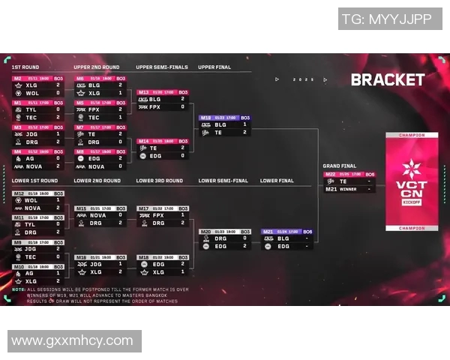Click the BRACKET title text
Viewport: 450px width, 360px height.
pos(387,79)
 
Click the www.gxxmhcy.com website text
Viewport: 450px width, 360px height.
pos(72,340)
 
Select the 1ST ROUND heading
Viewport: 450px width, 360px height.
pos(26,67)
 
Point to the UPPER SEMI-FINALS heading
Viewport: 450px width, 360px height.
pos(161,67)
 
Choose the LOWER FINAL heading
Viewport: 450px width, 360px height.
pos(277,181)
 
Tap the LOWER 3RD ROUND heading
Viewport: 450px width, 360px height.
pos(159,181)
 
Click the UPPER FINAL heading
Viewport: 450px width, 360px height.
pos(214,67)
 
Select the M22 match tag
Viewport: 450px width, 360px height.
pos(330,174)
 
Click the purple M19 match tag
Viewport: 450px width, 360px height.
pos(205,118)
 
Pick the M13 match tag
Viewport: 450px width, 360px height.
pos(143,92)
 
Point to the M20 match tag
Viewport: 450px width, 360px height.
pos(205,232)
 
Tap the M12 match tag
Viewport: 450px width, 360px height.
pos(19,193)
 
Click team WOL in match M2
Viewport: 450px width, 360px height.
pos(31,93)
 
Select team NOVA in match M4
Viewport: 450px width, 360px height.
pos(34,166)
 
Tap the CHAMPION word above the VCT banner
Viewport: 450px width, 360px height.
pos(412,136)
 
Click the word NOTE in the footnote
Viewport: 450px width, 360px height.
pos(18,289)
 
